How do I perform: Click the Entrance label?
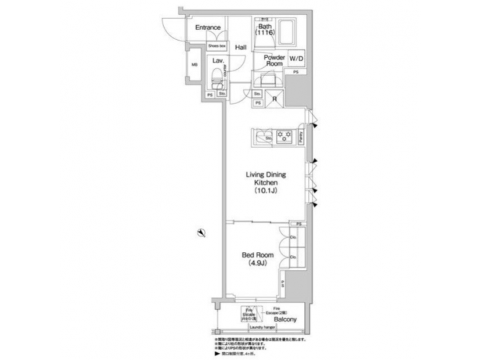208,29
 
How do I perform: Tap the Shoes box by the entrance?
217,46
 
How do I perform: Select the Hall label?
241,47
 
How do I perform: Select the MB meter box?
195,65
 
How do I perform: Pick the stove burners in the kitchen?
284,137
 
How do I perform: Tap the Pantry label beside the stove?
302,136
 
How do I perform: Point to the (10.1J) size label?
266,191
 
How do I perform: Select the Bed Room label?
255,253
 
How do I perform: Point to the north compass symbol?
200,231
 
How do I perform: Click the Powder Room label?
274,61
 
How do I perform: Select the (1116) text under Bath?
265,33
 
